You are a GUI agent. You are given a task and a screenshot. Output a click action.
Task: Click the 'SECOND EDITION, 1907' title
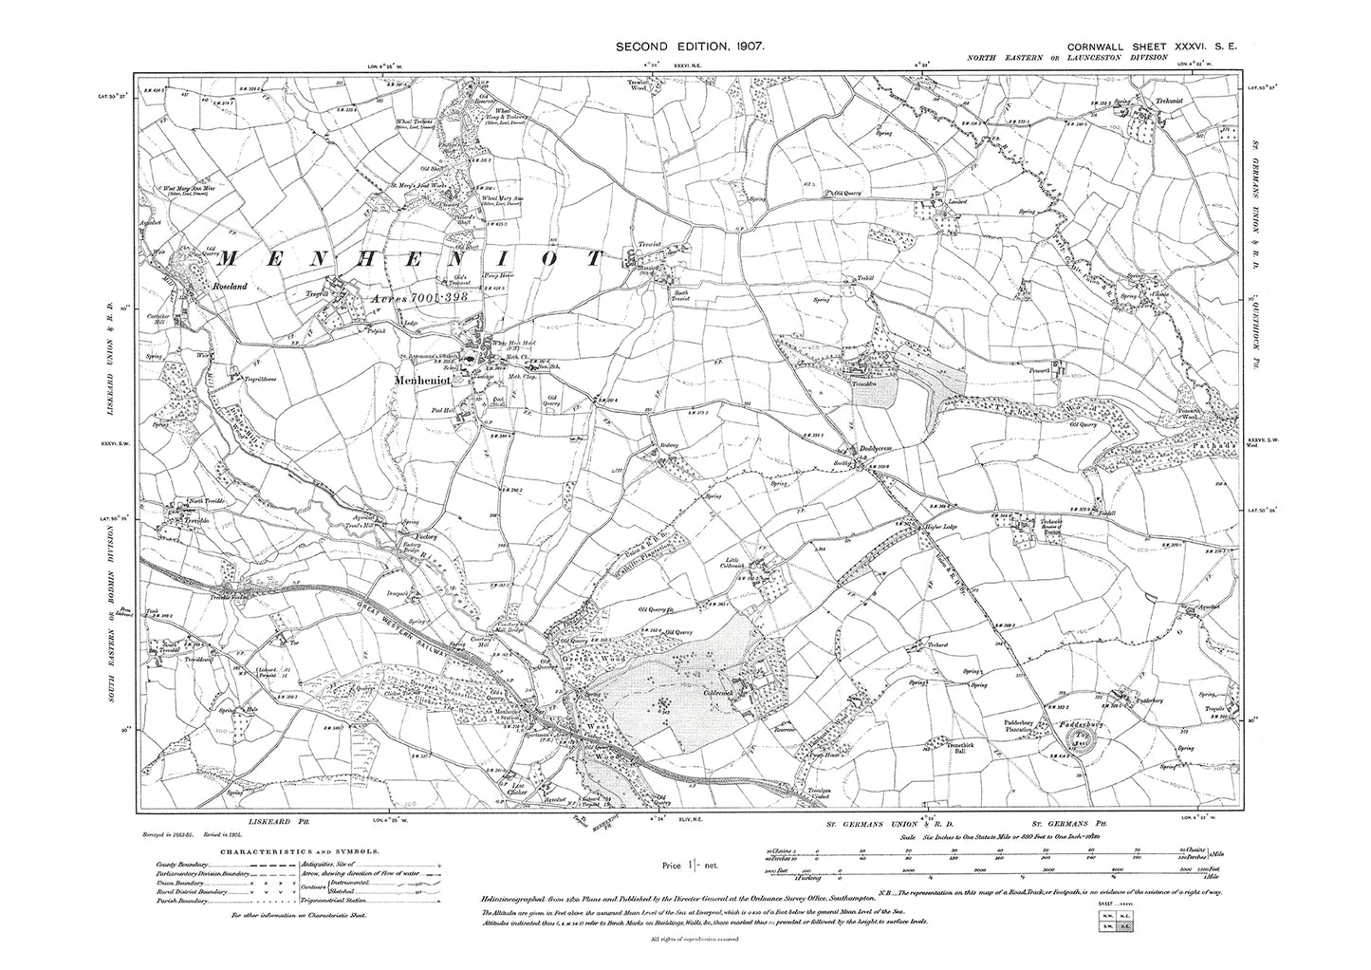tap(690, 46)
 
